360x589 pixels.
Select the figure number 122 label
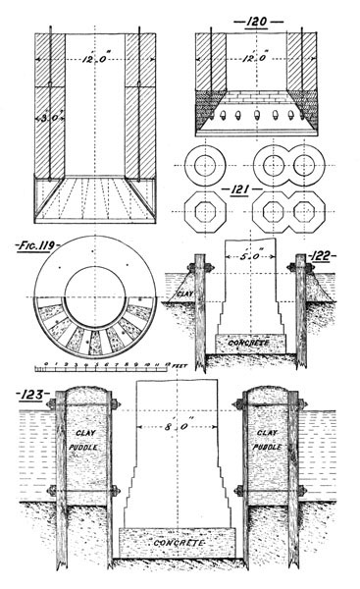pyautogui.click(x=322, y=256)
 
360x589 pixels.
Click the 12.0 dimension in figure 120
pyautogui.click(x=255, y=57)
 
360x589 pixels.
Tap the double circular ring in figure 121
pyautogui.click(x=291, y=165)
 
